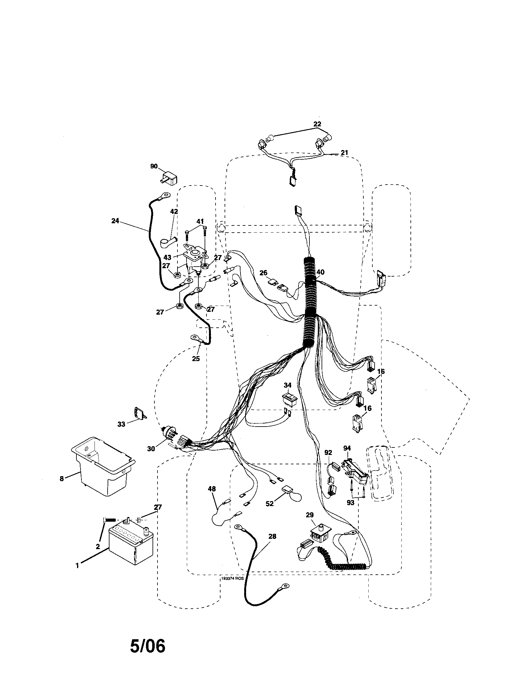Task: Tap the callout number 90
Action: click(x=153, y=166)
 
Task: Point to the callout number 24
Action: click(x=115, y=221)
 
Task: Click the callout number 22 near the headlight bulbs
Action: click(x=317, y=124)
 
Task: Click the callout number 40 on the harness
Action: click(x=320, y=272)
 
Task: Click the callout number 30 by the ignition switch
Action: click(x=151, y=449)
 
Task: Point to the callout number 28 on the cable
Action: click(x=272, y=536)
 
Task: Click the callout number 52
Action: click(x=269, y=503)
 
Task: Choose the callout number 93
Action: click(x=350, y=502)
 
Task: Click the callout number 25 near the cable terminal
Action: click(x=196, y=358)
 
